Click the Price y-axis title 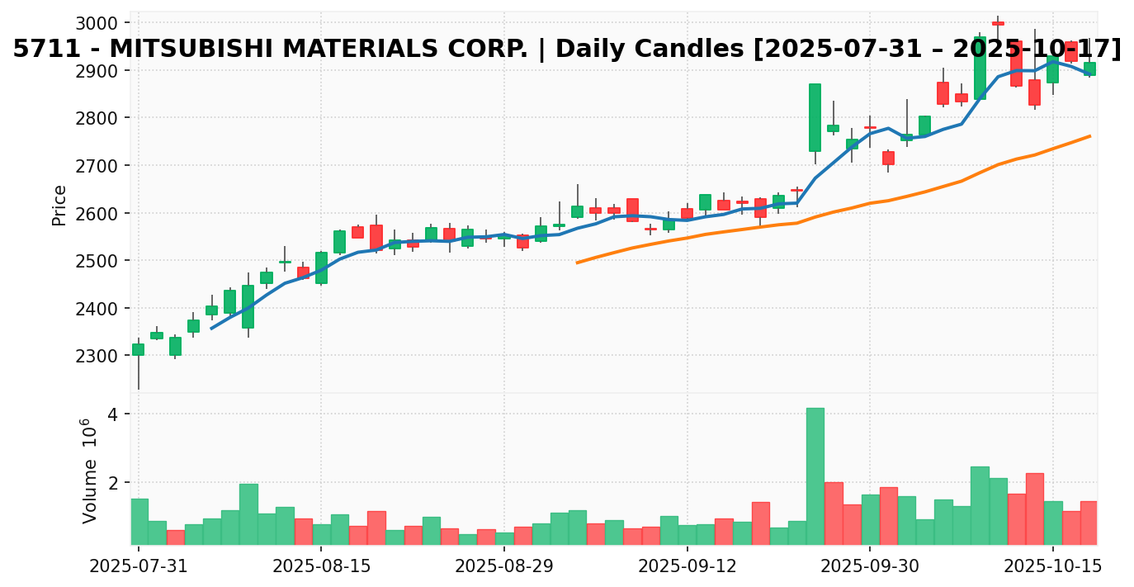59,205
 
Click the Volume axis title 89,471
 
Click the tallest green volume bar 815,476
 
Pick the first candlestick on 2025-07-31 138,349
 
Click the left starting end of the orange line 577,263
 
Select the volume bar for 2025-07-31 139,522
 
